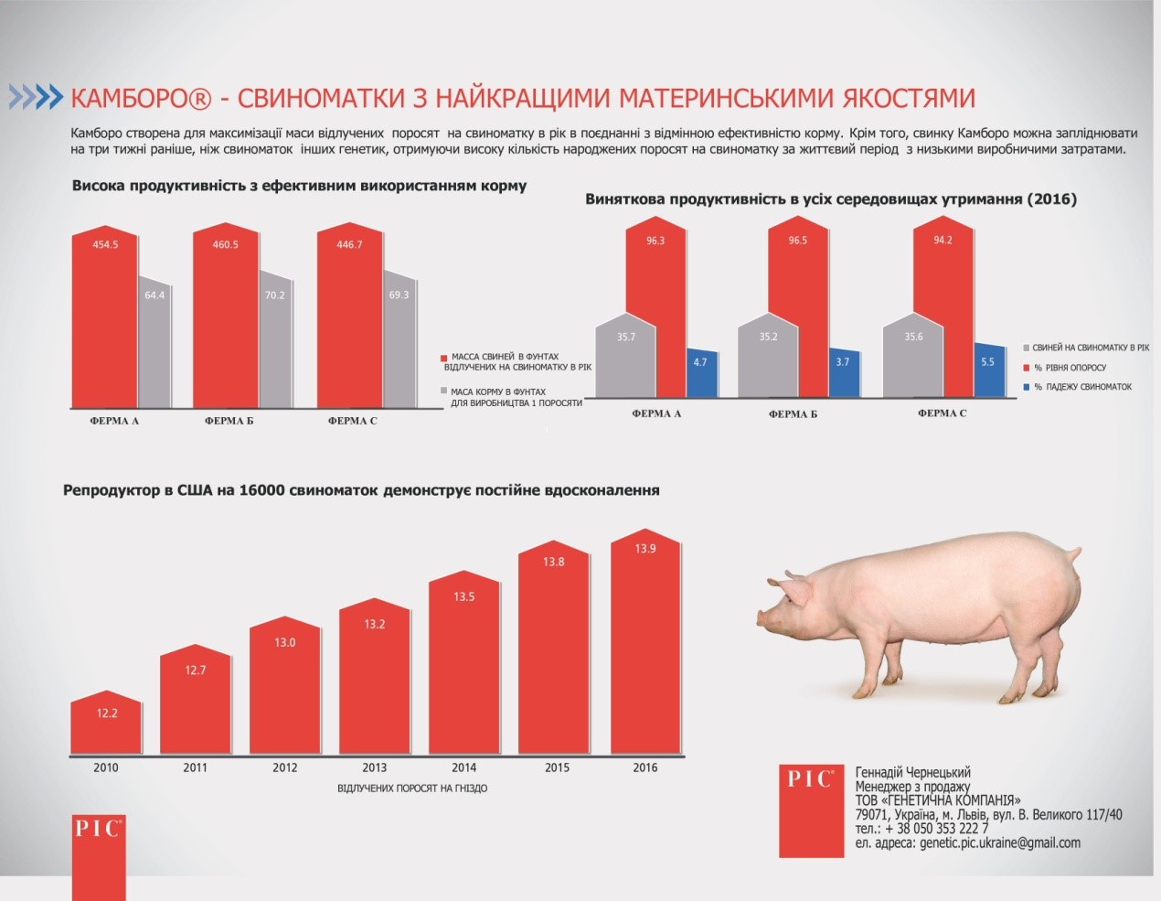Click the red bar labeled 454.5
click(105, 320)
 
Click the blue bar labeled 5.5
click(987, 370)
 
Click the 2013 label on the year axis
click(374, 767)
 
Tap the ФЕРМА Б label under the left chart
click(229, 421)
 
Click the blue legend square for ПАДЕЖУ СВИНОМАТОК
click(1027, 387)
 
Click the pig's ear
click(798, 590)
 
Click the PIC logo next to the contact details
click(811, 810)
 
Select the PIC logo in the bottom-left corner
click(99, 855)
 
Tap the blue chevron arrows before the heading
click(35, 97)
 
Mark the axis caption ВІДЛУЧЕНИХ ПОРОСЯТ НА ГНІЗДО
click(412, 788)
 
